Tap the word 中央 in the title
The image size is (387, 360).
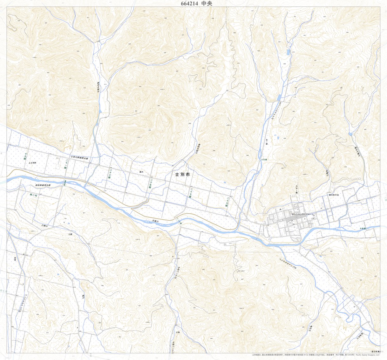point(207,3)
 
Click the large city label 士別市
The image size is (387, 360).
point(182,175)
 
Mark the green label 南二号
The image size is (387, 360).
point(33,195)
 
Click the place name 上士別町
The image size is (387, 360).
point(32,162)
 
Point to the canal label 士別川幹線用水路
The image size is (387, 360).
point(81,157)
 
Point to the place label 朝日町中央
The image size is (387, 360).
point(334,195)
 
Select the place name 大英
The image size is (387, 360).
point(178,332)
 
